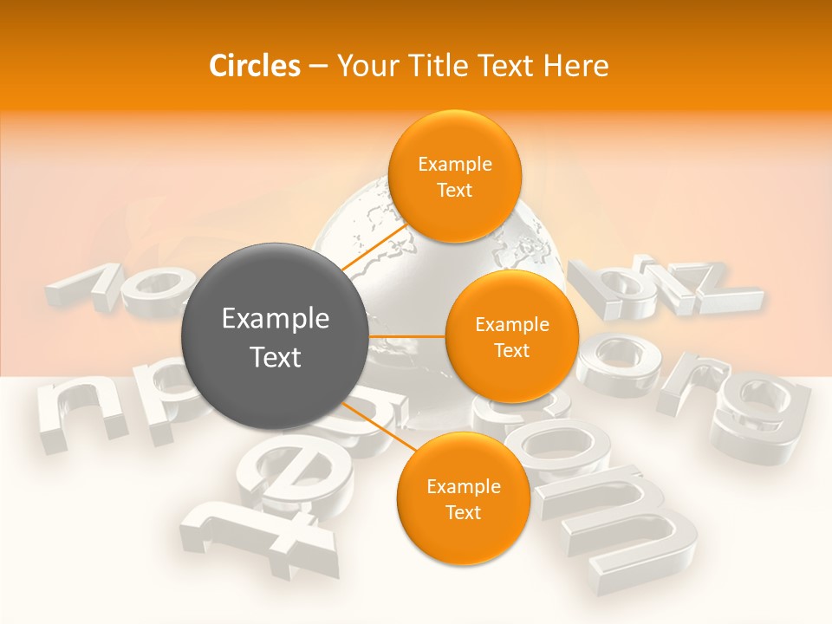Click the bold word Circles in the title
tap(254, 66)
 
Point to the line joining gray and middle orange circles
tap(406, 336)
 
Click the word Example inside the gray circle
tap(276, 319)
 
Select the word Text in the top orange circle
tap(455, 191)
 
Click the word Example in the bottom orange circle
tap(463, 487)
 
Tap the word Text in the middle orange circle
tap(511, 351)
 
